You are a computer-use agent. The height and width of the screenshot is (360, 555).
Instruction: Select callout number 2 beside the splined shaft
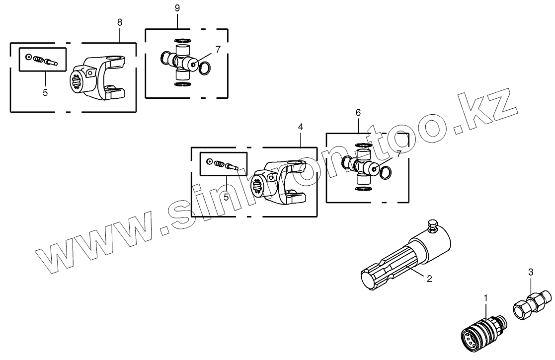click(x=430, y=279)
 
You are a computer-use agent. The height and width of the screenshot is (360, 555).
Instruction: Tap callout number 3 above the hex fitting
click(x=531, y=272)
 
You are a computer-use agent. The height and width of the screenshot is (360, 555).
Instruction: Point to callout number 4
click(x=300, y=127)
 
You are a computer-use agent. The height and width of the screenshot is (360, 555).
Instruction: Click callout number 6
click(x=358, y=113)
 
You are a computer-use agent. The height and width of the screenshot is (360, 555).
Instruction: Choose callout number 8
click(x=119, y=22)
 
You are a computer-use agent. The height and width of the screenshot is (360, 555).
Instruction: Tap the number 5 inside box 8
click(x=45, y=92)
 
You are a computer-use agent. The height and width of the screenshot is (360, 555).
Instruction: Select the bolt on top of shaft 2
click(x=431, y=226)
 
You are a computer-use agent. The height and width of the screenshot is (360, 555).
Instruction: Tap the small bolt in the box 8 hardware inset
click(x=52, y=62)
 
